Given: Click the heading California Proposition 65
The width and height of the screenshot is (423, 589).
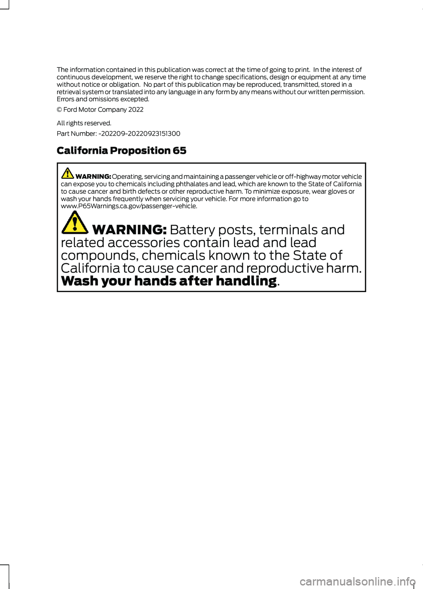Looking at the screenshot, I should pyautogui.click(x=121, y=151).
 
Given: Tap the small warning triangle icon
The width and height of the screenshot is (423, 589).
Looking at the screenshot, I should pyautogui.click(x=67, y=173).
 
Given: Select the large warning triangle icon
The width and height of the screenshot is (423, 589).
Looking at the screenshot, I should pyautogui.click(x=74, y=222).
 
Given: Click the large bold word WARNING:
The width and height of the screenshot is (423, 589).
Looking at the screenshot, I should pyautogui.click(x=129, y=230).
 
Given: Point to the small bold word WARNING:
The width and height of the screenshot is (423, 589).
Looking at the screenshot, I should pyautogui.click(x=93, y=177).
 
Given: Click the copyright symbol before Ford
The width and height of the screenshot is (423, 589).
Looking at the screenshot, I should pyautogui.click(x=59, y=110).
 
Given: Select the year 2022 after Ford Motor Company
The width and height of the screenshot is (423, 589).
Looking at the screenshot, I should pyautogui.click(x=136, y=110).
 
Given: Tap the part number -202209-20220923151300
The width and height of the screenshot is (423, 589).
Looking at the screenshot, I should pyautogui.click(x=139, y=133).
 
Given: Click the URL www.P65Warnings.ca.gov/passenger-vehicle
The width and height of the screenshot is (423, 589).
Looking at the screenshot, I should pyautogui.click(x=129, y=206).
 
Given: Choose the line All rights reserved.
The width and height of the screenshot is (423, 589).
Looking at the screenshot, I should pyautogui.click(x=84, y=123).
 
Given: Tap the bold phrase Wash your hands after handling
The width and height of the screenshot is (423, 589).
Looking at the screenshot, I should pyautogui.click(x=169, y=281).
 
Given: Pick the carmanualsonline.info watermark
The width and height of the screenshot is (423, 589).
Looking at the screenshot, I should pyautogui.click(x=357, y=582).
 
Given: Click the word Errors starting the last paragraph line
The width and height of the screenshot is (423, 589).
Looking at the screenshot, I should pyautogui.click(x=65, y=100).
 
